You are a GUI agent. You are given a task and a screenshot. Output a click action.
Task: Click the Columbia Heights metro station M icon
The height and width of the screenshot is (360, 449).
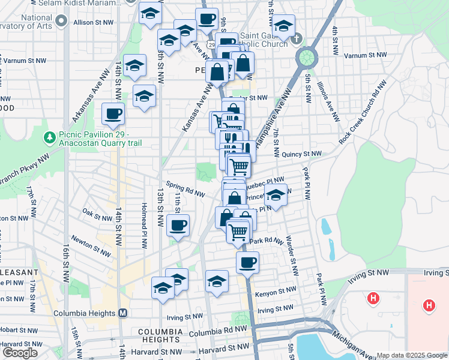click(123, 313)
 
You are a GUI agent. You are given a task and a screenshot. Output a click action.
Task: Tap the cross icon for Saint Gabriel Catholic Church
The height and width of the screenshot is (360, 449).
click(295, 40)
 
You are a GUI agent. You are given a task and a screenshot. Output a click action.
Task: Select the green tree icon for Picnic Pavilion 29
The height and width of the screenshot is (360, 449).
click(51, 137)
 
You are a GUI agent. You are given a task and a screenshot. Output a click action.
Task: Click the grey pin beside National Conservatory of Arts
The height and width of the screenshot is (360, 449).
click(61, 22)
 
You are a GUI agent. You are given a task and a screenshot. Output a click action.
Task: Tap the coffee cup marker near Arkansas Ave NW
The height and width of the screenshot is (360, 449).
click(113, 113)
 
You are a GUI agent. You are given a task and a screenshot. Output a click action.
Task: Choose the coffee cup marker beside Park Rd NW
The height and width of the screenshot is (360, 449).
click(247, 262)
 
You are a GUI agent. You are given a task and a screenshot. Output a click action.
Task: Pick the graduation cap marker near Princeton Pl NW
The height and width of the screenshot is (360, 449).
click(276, 196)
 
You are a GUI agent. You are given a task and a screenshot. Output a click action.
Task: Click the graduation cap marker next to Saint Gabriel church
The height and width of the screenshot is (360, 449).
click(283, 27)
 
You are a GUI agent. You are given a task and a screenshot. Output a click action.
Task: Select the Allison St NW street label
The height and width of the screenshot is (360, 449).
click(93, 22)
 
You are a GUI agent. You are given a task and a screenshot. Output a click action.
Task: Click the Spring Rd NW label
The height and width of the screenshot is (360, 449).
click(186, 188)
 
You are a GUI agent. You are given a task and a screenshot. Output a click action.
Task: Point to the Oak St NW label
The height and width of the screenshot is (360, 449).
click(97, 212)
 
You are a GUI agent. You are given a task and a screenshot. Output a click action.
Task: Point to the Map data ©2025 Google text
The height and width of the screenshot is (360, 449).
click(411, 355)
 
